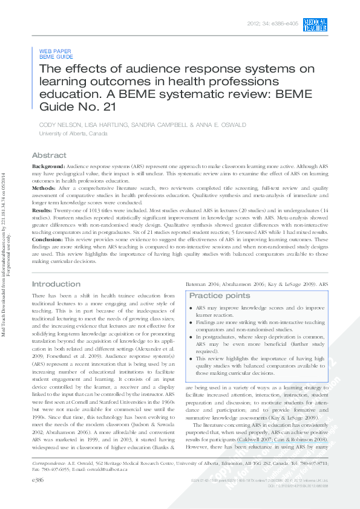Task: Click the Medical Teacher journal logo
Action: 315,25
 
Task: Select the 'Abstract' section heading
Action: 49,155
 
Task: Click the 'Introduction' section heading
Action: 56,284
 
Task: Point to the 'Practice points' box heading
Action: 219,296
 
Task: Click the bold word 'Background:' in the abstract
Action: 48,166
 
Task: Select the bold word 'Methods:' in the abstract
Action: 44,188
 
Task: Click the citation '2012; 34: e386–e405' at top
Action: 272,24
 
